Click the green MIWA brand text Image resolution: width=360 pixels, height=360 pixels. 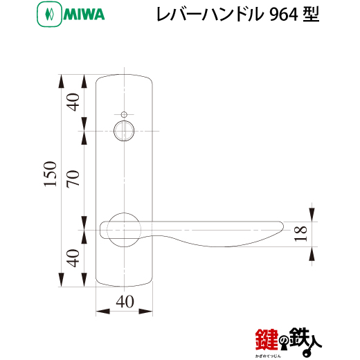(x=84, y=15)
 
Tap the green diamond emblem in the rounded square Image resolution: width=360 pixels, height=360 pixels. (x=50, y=15)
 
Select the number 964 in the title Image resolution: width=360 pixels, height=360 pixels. (x=284, y=15)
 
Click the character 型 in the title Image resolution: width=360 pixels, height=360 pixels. (x=311, y=15)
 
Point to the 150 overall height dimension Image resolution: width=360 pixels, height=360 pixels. (x=50, y=174)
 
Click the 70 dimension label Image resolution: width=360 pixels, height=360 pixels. (x=73, y=179)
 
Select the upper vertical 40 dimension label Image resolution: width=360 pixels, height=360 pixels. (x=73, y=102)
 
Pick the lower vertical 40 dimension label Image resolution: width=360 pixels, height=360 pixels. (x=73, y=258)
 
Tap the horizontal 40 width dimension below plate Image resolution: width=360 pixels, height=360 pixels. (x=125, y=302)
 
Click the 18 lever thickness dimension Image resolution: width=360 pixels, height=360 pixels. (x=300, y=233)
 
